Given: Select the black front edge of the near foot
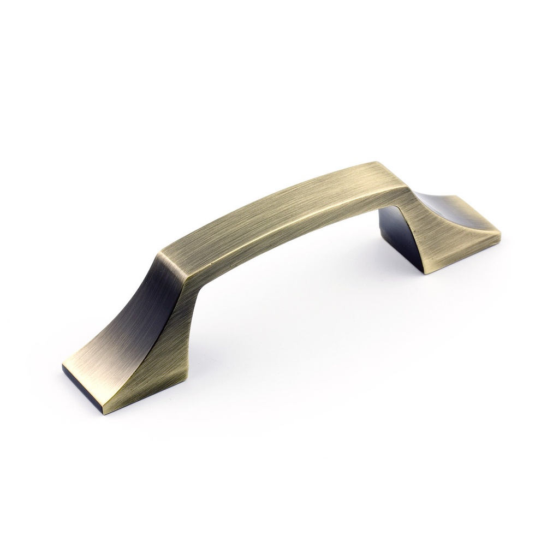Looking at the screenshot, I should (82, 389).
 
